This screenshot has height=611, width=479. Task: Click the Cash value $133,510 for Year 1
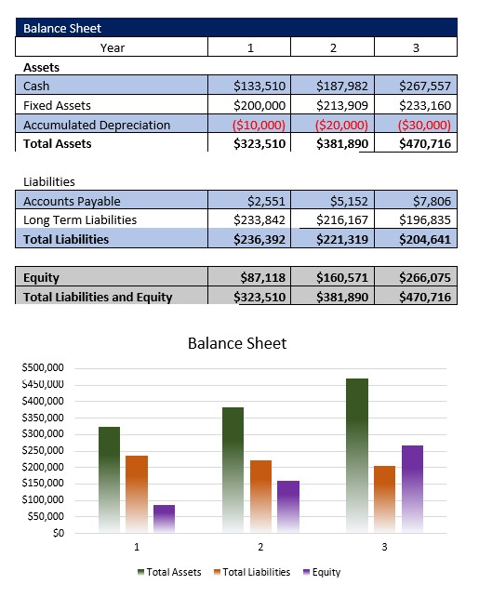point(260,86)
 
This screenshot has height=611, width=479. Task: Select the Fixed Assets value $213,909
point(343,105)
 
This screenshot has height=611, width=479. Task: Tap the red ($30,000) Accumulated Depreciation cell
point(424,125)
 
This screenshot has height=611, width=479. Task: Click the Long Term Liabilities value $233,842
point(260,219)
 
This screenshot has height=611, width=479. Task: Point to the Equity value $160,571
point(343,277)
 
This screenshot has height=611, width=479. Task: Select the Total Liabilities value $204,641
point(424,239)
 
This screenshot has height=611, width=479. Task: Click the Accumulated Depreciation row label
point(97,125)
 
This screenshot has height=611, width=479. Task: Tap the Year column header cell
point(113,47)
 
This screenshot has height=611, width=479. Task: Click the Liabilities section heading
point(48,181)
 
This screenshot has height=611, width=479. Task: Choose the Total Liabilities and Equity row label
point(98,297)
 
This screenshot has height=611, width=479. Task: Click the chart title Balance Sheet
point(237,343)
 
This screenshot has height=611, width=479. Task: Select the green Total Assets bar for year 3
point(356,456)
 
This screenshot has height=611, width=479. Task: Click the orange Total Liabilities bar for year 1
point(137,494)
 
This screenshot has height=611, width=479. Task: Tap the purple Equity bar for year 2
point(287,507)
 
